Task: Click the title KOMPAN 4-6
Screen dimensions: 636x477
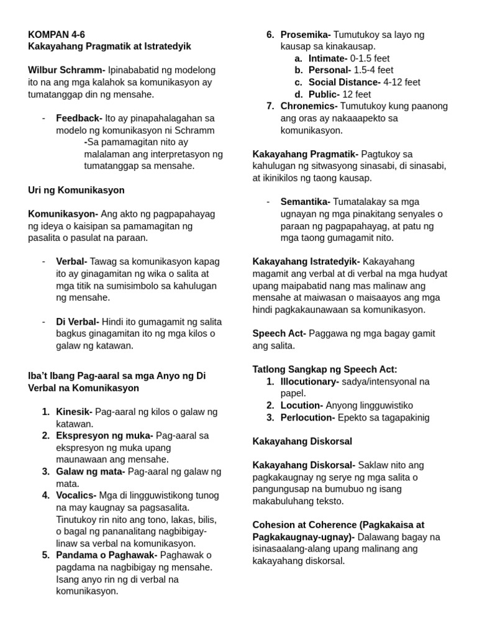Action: pos(57,34)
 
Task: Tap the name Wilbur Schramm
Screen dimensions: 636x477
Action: pos(66,70)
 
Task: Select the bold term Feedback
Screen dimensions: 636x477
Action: pos(79,118)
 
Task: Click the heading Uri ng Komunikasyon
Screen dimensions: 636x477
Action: pos(76,190)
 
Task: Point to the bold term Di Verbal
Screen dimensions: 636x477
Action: pos(78,322)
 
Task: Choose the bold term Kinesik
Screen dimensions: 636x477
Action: pos(74,412)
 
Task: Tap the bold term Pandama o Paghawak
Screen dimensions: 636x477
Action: pos(106,555)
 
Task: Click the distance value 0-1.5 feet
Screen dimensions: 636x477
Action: pos(370,58)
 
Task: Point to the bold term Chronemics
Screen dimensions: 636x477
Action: pos(309,106)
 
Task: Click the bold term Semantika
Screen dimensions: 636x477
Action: pos(305,202)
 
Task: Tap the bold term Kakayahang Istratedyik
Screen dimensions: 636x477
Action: pos(306,261)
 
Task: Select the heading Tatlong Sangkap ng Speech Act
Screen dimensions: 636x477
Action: pos(325,370)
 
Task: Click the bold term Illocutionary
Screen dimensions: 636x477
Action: pos(309,381)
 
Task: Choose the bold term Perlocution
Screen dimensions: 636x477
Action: pos(307,417)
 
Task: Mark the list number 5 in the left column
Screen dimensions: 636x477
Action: pos(46,555)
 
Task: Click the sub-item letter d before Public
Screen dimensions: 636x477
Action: pos(299,94)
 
